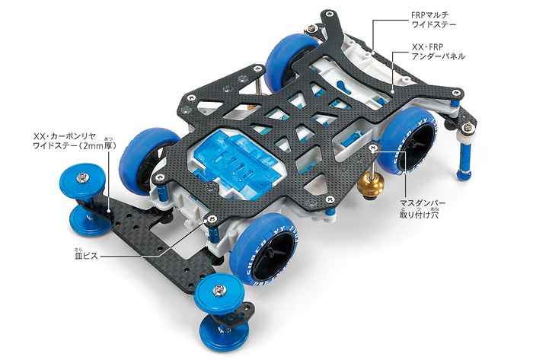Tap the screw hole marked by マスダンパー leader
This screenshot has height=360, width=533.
372,149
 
